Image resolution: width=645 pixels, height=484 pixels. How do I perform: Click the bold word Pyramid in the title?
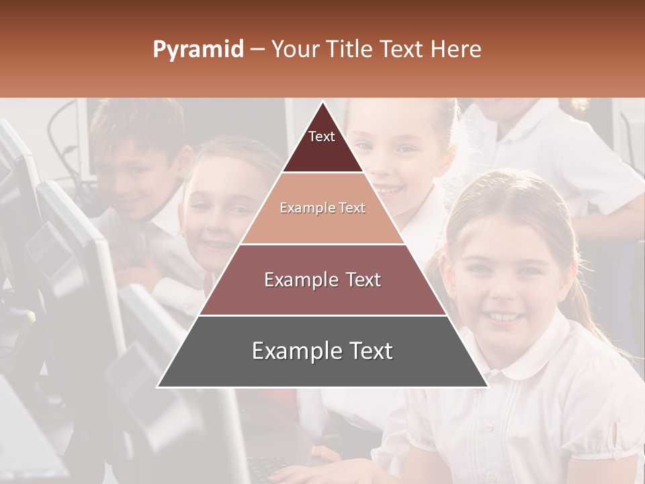(x=198, y=50)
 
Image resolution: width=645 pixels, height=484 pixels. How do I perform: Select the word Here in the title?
(x=456, y=50)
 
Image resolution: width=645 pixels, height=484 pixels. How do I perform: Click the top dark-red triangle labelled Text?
(x=322, y=145)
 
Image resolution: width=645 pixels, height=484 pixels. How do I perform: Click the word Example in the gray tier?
(x=293, y=352)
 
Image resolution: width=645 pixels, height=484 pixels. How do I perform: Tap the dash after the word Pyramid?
(x=257, y=50)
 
